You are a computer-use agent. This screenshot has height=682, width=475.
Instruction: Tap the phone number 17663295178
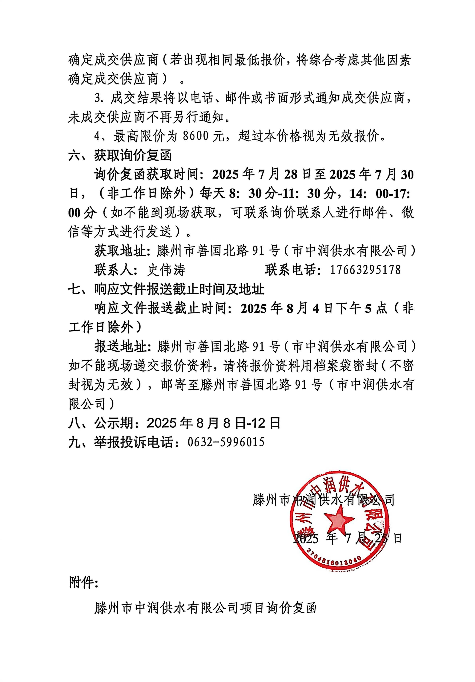365,270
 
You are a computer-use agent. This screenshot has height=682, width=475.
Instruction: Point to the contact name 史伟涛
166,270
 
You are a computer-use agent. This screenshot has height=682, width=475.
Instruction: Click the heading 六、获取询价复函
120,155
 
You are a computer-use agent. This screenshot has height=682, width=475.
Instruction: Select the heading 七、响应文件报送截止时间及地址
166,289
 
